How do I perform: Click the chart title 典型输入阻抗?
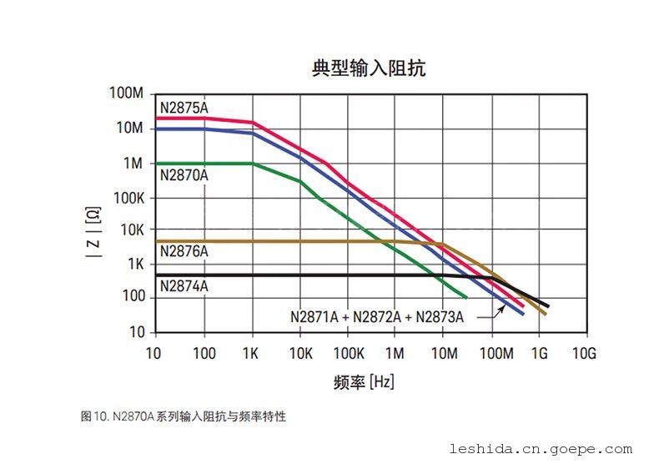point(369,68)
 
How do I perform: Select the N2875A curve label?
point(184,108)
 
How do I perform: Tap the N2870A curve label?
point(184,175)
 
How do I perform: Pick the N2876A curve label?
point(184,251)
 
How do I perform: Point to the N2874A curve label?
point(184,286)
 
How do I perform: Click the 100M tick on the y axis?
point(127,93)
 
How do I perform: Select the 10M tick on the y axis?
point(130,128)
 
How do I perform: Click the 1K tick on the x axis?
point(251,354)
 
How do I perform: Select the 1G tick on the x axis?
point(538,354)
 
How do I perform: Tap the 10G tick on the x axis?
point(585,354)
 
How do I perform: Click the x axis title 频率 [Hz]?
point(364,382)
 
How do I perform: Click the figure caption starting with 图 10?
point(184,416)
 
